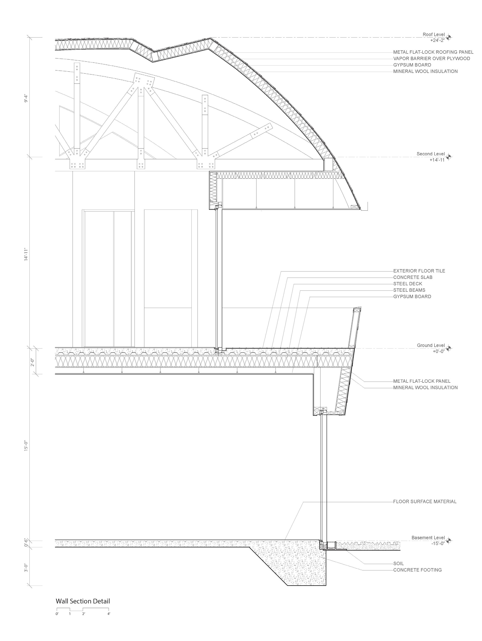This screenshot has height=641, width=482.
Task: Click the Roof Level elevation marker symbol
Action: (x=449, y=37)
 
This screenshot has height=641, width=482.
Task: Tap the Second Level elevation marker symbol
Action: (x=449, y=157)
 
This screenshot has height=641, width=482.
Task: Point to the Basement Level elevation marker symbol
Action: (x=449, y=540)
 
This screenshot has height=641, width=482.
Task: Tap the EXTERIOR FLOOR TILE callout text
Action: (x=419, y=271)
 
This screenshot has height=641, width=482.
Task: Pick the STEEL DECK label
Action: (x=407, y=284)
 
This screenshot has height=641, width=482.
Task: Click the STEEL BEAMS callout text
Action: (x=409, y=290)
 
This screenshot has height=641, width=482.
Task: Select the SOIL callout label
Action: (x=398, y=564)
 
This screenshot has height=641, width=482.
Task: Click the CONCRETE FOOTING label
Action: (x=417, y=570)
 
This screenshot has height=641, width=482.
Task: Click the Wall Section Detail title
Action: (x=83, y=601)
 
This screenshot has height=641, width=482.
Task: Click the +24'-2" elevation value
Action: (x=437, y=40)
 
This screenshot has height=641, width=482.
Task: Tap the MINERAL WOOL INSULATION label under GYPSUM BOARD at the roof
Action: (x=425, y=71)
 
